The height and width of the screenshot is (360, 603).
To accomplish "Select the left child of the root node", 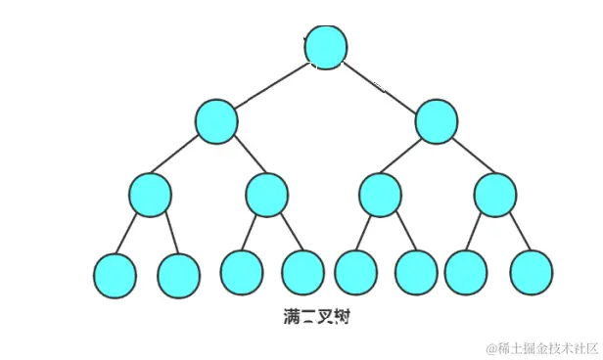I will pyautogui.click(x=216, y=121).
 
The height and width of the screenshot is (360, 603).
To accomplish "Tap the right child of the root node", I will pyautogui.click(x=437, y=121).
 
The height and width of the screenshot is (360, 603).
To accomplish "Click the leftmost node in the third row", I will pyautogui.click(x=150, y=195).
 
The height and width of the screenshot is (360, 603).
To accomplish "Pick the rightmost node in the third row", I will pyautogui.click(x=494, y=195).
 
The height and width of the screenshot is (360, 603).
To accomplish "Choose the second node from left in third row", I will pyautogui.click(x=266, y=195).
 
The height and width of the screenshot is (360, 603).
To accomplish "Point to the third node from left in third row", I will pyautogui.click(x=379, y=195).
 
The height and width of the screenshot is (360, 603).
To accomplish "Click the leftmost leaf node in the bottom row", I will pyautogui.click(x=116, y=274).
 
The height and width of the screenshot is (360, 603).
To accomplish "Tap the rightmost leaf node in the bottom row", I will pyautogui.click(x=532, y=273).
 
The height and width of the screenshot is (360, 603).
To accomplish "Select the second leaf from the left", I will pyautogui.click(x=178, y=274).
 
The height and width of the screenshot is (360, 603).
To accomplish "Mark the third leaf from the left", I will pyautogui.click(x=241, y=272).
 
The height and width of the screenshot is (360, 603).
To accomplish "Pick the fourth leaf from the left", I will pyautogui.click(x=302, y=273).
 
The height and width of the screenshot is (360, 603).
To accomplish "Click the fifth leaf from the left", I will pyautogui.click(x=355, y=273).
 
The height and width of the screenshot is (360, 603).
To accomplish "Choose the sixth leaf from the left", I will pyautogui.click(x=417, y=273).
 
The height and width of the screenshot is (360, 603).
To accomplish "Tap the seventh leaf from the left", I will pyautogui.click(x=466, y=272).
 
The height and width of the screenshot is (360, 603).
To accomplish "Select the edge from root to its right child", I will pyautogui.click(x=382, y=85).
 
